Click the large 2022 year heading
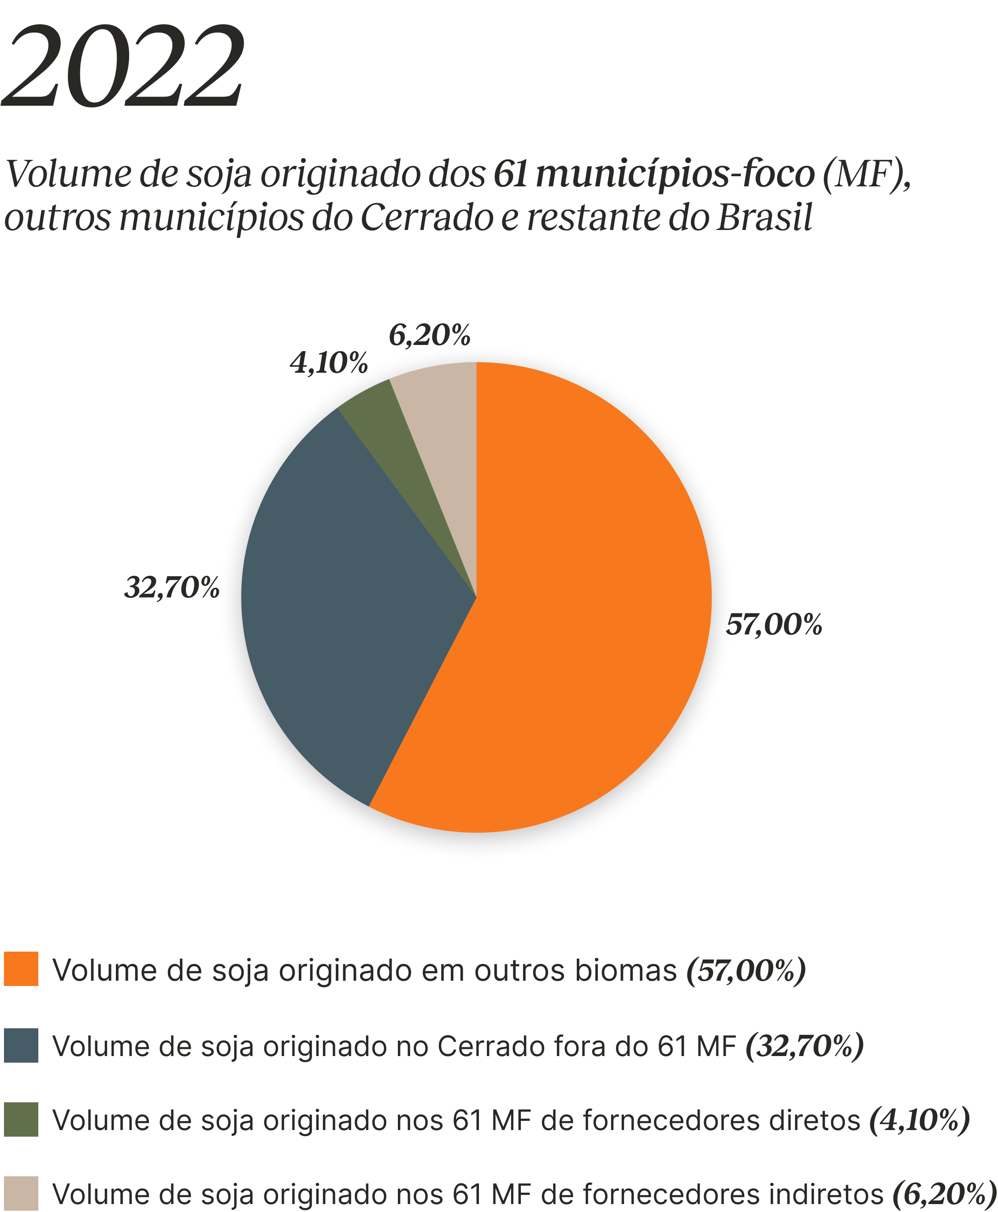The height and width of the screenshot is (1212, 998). coord(122,66)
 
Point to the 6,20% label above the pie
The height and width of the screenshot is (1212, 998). coord(430,335)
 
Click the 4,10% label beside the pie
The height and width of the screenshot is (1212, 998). coord(328,363)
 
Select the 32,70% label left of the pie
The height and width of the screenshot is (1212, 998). coord(172,587)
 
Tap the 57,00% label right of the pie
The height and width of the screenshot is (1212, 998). coord(776,625)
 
